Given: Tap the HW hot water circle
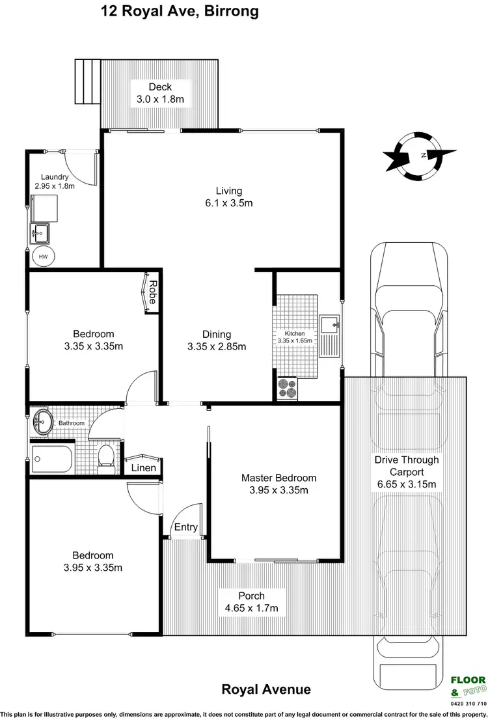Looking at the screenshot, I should (43, 256).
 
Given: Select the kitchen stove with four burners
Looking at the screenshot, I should (287, 388).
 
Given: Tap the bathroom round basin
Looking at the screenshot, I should (43, 422).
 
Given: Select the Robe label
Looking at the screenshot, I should (152, 293).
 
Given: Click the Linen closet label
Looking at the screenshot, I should (143, 468).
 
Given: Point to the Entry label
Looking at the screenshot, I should (185, 528).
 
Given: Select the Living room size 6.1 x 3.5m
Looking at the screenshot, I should (228, 203).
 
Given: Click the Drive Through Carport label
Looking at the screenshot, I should (406, 465).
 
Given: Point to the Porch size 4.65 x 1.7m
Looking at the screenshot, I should (251, 608).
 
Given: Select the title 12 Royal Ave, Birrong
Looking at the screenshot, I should (179, 11).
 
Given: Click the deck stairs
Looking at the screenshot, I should (86, 81).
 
